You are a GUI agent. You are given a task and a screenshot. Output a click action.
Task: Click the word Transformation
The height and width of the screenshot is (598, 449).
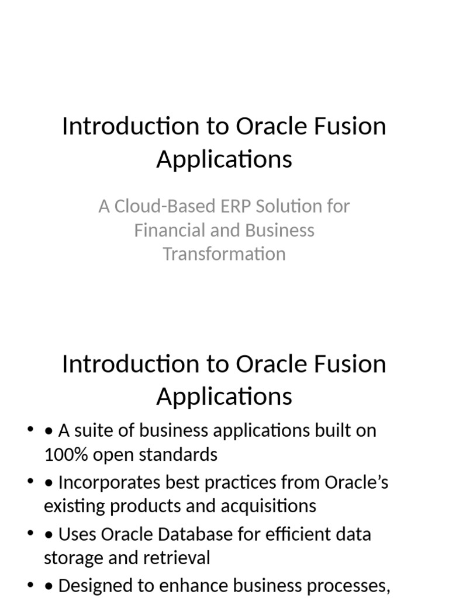224,254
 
